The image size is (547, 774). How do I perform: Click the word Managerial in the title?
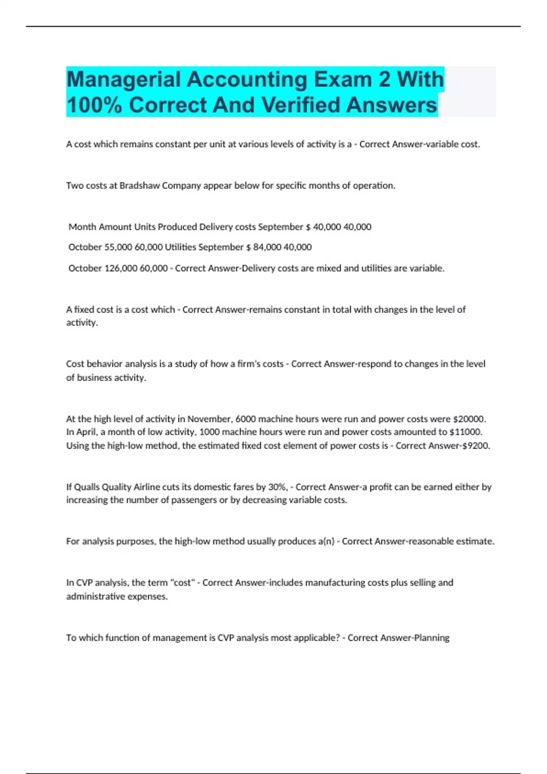point(124,79)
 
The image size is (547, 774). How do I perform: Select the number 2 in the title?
point(384,79)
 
